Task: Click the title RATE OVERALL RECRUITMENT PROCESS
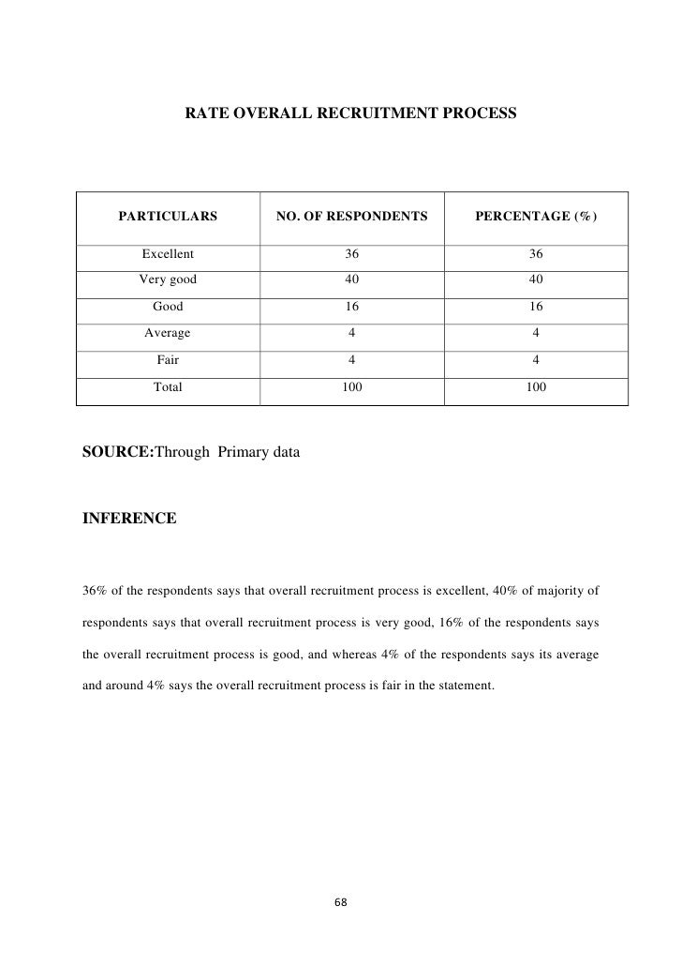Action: (348, 113)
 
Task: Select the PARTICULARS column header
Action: (168, 218)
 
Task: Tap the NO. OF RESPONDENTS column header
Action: (351, 218)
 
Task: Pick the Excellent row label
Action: (168, 254)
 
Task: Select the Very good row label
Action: (168, 279)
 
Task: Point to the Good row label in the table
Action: (168, 306)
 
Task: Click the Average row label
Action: (168, 332)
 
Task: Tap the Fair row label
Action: (168, 358)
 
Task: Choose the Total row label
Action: (168, 385)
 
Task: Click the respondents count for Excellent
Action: (351, 254)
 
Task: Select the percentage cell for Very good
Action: (536, 279)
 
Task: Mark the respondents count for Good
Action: (351, 306)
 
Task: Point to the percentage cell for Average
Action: (536, 332)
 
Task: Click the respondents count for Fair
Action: (351, 358)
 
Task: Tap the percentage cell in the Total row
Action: (536, 385)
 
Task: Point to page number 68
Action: (341, 902)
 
